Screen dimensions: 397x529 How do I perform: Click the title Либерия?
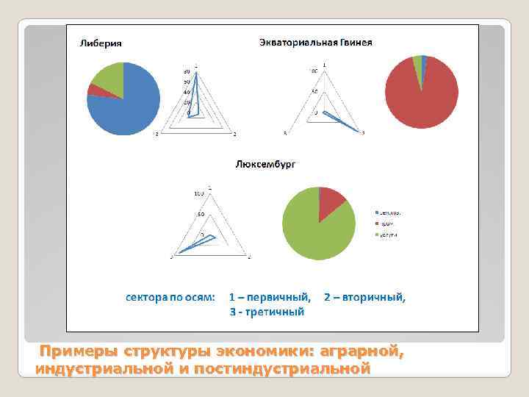coord(101,43)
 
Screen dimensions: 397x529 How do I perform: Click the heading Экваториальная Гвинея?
coord(316,42)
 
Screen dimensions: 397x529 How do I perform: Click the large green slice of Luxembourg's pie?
coord(309,228)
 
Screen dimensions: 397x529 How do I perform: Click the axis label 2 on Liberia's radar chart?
coord(234,134)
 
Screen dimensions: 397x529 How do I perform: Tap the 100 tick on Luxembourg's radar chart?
coord(199,193)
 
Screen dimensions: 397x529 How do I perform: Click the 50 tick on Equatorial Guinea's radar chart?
coord(314,92)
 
